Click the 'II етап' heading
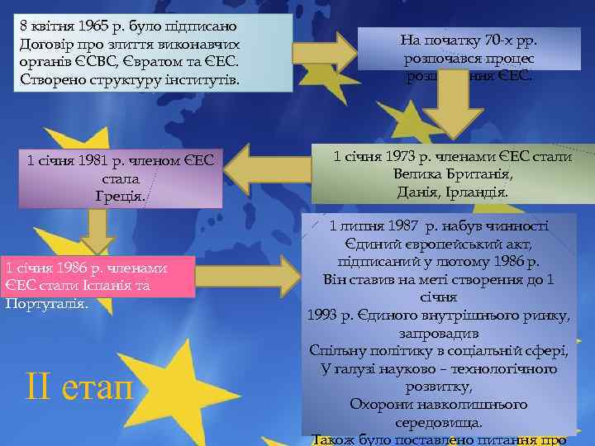tap(79, 385)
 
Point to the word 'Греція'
tap(120, 197)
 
